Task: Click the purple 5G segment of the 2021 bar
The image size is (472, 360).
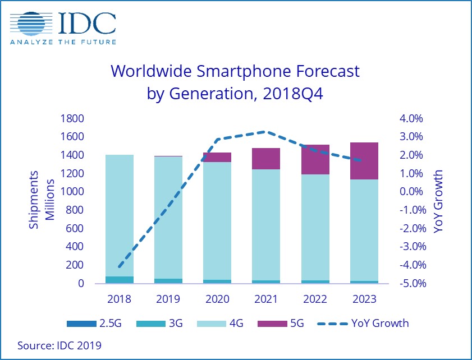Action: [x=265, y=159]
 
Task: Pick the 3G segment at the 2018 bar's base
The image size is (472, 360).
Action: [x=119, y=279]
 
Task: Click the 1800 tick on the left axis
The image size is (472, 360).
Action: [x=73, y=118]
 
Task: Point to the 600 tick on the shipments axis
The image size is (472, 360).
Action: [x=76, y=228]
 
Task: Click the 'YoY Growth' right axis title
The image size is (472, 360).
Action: [x=438, y=200]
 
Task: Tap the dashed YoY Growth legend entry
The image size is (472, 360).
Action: [x=362, y=323]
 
